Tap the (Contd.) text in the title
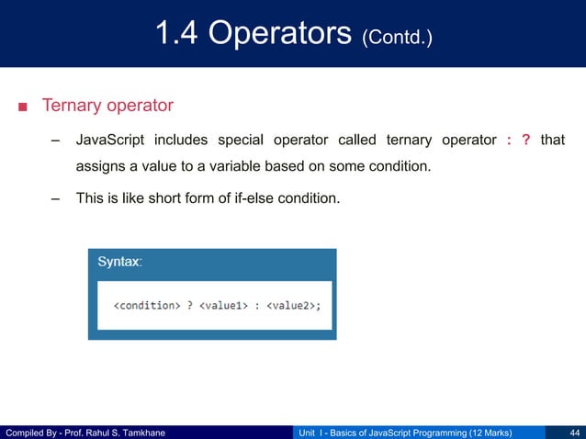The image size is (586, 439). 397,38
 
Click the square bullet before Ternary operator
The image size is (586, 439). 22,107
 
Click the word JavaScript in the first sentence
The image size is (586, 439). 109,141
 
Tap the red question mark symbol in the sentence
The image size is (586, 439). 526,141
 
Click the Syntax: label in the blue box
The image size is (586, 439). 119,262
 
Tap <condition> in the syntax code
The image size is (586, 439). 145,305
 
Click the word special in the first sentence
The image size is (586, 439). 241,141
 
